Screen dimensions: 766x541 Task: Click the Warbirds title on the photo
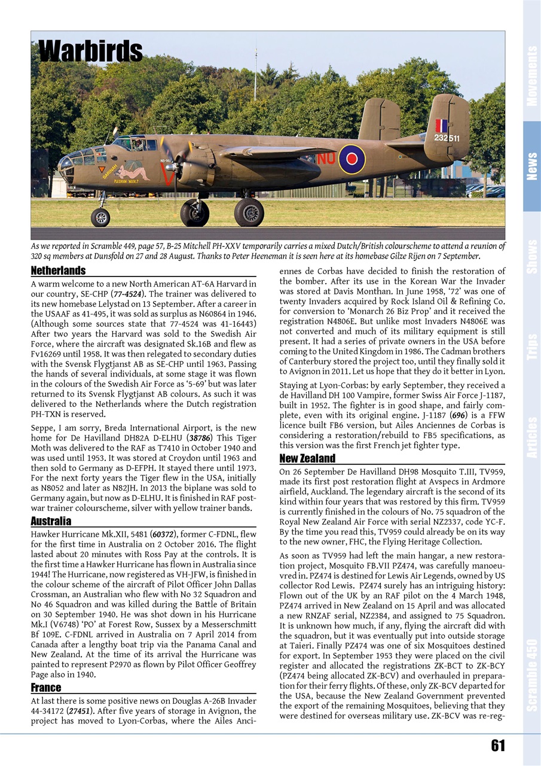point(90,51)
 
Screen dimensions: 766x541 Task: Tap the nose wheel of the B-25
point(100,217)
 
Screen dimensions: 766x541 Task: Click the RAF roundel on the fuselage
point(352,159)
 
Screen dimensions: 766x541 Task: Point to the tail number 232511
point(447,138)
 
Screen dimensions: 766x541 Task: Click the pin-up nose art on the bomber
point(132,173)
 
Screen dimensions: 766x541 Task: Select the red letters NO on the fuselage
point(325,159)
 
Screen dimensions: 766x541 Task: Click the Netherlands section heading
point(58,270)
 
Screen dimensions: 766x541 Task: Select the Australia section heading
point(51,521)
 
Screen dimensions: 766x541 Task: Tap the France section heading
point(45,688)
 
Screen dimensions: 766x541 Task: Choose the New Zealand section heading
point(307,458)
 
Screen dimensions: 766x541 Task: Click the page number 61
point(497,745)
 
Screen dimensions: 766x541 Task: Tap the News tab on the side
point(531,166)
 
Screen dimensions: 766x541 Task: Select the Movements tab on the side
point(531,76)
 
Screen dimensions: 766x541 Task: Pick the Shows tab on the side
point(531,256)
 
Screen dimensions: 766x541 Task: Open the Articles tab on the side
point(531,437)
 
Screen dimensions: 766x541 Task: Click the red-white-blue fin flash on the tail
point(441,126)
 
